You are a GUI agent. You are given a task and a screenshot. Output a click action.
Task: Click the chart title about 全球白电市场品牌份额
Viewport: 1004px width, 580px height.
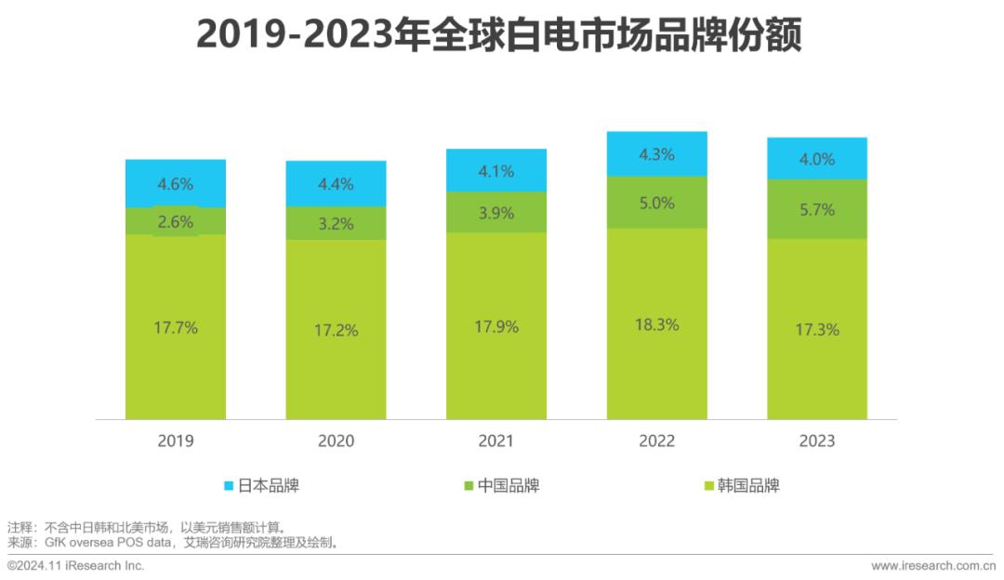pos(499,37)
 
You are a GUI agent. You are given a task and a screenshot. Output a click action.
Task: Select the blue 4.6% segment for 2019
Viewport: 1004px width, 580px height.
pos(176,183)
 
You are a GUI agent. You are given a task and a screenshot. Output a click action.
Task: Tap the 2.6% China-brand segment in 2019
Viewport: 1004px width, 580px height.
pos(176,221)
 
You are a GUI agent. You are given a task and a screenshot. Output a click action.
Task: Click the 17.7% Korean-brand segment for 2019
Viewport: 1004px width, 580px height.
pos(176,326)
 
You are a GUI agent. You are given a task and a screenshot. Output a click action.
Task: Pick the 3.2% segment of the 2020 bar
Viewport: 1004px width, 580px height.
pos(336,223)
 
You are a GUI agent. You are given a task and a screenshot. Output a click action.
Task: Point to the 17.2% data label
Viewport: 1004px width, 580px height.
pos(336,329)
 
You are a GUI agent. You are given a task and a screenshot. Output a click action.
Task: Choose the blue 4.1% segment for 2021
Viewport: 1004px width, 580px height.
pos(496,170)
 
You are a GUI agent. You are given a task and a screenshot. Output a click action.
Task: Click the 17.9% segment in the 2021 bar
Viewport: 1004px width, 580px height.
pos(496,326)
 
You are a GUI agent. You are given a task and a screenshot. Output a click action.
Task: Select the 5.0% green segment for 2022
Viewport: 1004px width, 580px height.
pos(656,203)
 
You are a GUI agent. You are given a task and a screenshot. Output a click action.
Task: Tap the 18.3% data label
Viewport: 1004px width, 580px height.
pos(656,324)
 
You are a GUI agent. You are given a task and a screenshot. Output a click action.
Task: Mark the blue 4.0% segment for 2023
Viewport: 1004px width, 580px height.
pos(817,158)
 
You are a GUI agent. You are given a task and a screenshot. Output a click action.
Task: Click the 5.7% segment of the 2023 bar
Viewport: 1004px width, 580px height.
pos(817,209)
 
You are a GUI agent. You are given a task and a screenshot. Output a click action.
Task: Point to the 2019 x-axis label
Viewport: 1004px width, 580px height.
pos(176,441)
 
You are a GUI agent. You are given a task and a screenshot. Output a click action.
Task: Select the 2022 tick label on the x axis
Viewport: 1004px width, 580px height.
pos(656,441)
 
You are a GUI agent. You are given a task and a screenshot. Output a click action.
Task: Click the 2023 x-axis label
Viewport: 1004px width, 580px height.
pos(817,441)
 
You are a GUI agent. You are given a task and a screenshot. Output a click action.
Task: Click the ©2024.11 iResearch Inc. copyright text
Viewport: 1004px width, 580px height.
pos(76,565)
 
